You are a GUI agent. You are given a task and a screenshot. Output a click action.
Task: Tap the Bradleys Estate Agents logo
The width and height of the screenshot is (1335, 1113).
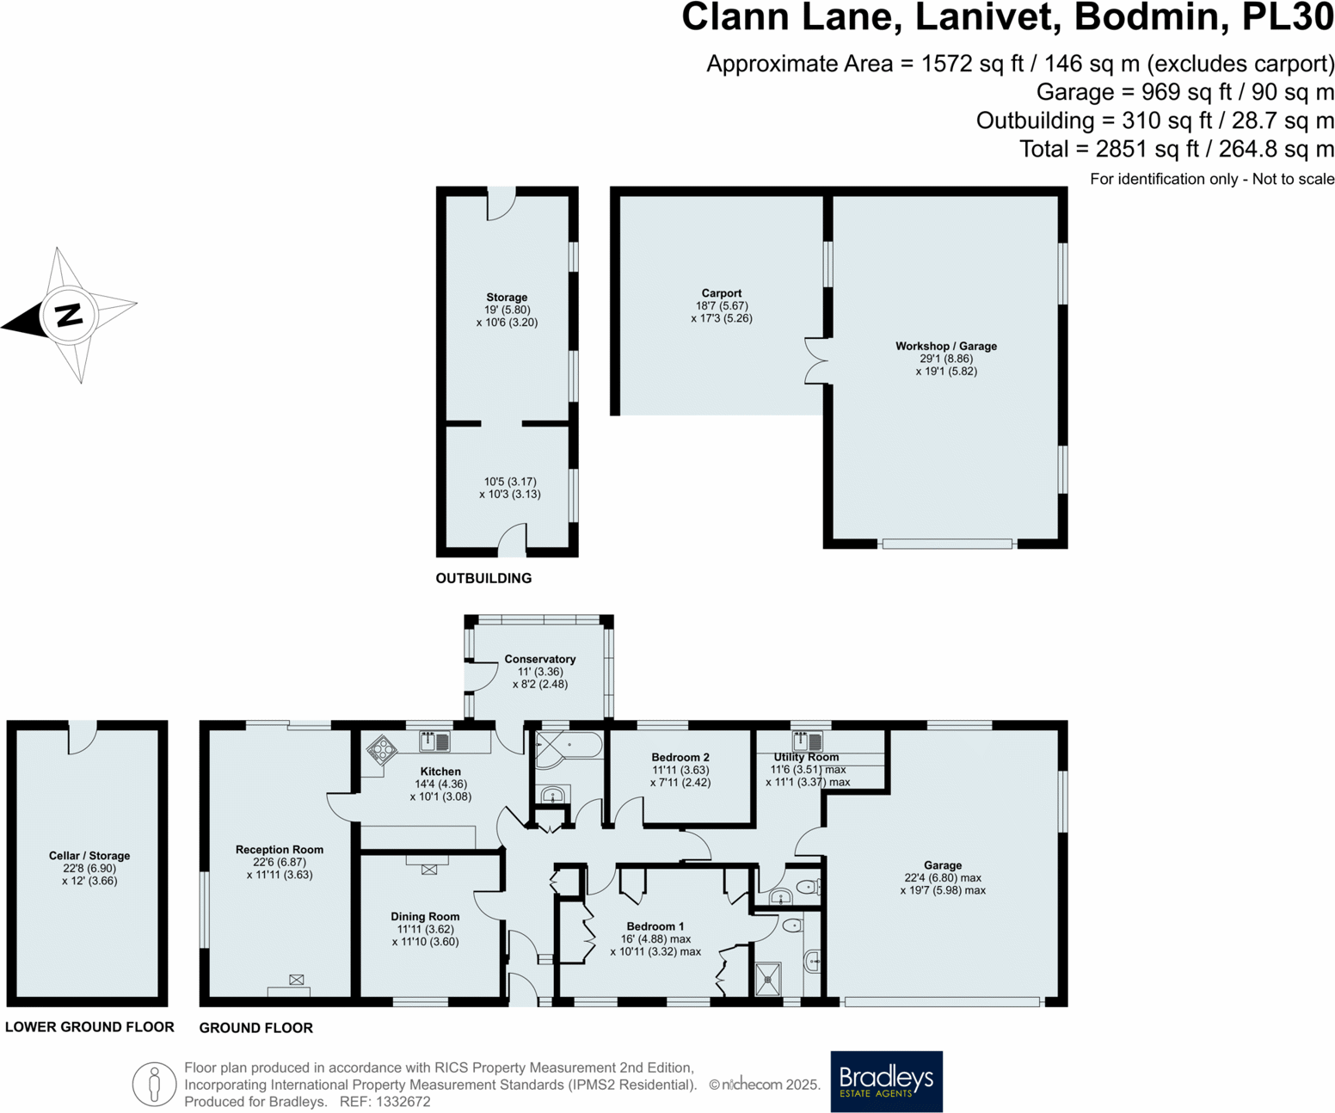coord(886,1081)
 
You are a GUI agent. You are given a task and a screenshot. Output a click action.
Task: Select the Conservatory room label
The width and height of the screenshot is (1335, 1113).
coord(539,659)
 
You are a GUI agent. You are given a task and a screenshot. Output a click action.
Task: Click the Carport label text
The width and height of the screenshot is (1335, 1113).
coord(721,293)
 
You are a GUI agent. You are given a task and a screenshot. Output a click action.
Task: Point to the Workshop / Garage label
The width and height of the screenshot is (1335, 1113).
coord(945,346)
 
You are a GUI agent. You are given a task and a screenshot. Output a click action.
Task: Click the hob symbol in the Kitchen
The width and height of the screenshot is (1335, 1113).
coord(381,749)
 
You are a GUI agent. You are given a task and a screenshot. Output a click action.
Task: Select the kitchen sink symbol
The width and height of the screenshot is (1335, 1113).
coord(434,741)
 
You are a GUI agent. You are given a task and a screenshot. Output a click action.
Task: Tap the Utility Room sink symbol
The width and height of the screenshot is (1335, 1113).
coord(807,740)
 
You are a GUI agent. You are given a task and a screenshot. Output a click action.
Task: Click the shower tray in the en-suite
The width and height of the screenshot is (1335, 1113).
coord(767,979)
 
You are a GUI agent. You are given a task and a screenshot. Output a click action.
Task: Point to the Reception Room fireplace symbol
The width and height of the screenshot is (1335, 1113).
coord(296,980)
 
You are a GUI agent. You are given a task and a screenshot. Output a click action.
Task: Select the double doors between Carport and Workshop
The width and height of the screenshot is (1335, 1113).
coord(815,360)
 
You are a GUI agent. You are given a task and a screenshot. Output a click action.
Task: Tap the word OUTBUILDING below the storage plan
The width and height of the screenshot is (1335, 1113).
coord(483,578)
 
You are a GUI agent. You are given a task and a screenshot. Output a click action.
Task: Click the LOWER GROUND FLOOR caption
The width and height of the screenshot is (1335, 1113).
coord(89,1027)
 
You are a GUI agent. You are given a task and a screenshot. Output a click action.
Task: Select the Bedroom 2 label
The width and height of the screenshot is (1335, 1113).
coord(680,758)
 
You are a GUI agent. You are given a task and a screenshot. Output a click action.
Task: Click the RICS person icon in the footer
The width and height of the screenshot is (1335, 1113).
coord(155,1084)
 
